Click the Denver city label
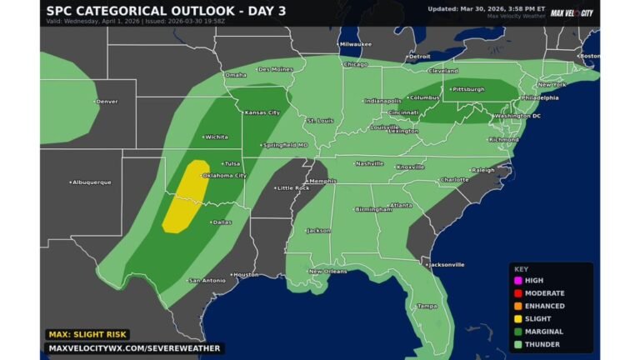pos(106,102)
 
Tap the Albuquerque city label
pos(91,182)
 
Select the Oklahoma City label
pos(224,176)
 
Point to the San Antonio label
pos(207,280)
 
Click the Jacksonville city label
pos(446,265)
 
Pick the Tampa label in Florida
pos(427,306)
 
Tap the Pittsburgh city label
pos(467,88)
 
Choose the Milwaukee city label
pos(355,43)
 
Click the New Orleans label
pos(327,272)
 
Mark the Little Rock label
pos(292,187)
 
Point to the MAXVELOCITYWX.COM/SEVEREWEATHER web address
pos(133,348)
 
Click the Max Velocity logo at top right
pos(572,12)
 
